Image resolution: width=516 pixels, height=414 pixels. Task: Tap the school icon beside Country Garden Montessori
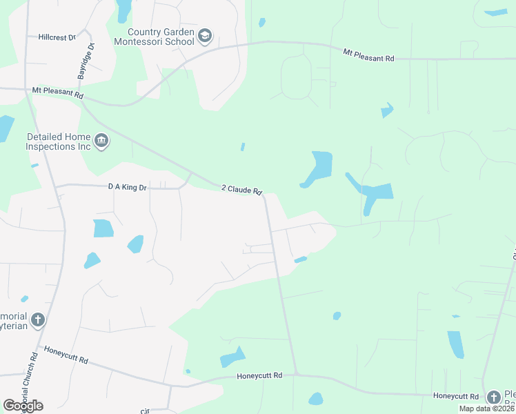click(205, 36)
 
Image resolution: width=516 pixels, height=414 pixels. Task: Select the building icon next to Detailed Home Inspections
click(101, 142)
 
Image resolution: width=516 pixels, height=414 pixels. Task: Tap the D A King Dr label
click(128, 186)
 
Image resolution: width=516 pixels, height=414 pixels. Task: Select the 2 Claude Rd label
click(241, 189)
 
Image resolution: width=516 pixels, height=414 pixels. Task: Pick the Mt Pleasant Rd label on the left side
click(57, 90)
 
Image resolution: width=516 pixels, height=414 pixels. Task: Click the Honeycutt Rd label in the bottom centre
click(259, 376)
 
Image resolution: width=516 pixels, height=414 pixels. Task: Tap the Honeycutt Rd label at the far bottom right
click(456, 396)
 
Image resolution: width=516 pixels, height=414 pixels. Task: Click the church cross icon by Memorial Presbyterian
click(38, 320)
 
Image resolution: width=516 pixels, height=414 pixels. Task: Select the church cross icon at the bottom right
click(493, 397)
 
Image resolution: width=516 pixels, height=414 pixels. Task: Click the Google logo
click(23, 405)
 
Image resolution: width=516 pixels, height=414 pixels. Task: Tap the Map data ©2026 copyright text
click(486, 408)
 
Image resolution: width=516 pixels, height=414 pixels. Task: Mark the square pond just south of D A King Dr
click(103, 228)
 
